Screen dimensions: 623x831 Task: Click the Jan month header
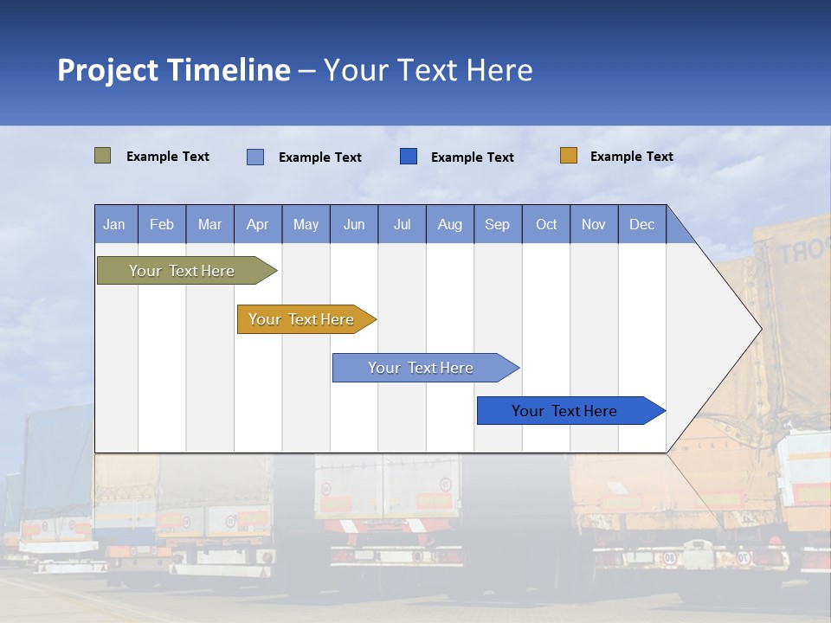pyautogui.click(x=115, y=224)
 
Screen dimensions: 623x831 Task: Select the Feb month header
pyautogui.click(x=162, y=224)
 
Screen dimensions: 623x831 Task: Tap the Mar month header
pyautogui.click(x=209, y=224)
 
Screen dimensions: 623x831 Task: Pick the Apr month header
pyautogui.click(x=258, y=224)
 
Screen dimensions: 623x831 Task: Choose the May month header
pyautogui.click(x=306, y=224)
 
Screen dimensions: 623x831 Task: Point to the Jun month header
pyautogui.click(x=354, y=224)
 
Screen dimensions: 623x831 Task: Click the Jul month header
pyautogui.click(x=402, y=224)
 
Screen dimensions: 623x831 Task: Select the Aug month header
pyautogui.click(x=450, y=224)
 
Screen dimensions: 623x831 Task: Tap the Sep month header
pyautogui.click(x=498, y=224)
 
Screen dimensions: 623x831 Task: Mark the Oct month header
pyautogui.click(x=546, y=224)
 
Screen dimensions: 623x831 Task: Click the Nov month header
pyautogui.click(x=594, y=224)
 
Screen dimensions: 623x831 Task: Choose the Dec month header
pyautogui.click(x=642, y=224)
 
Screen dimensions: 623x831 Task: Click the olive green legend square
pyautogui.click(x=102, y=156)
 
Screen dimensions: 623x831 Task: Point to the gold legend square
pyautogui.click(x=568, y=156)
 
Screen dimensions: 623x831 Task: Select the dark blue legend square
pyautogui.click(x=409, y=156)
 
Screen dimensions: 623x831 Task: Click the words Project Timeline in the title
pyautogui.click(x=174, y=70)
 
